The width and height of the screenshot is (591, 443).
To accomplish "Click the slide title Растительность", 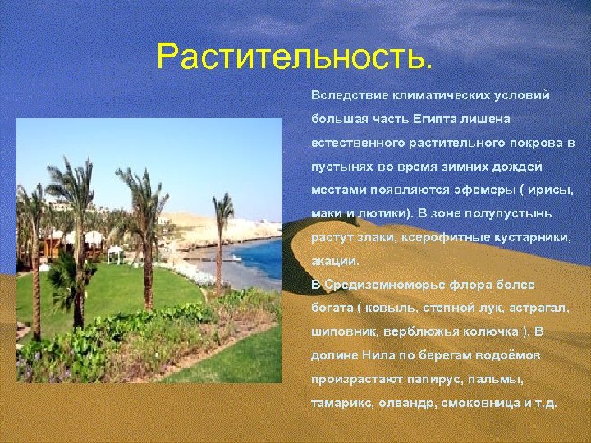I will coord(293,57).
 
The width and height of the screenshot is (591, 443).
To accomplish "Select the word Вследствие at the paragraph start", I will coord(347,95).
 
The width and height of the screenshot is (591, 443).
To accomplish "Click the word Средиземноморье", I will coord(385,285).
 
